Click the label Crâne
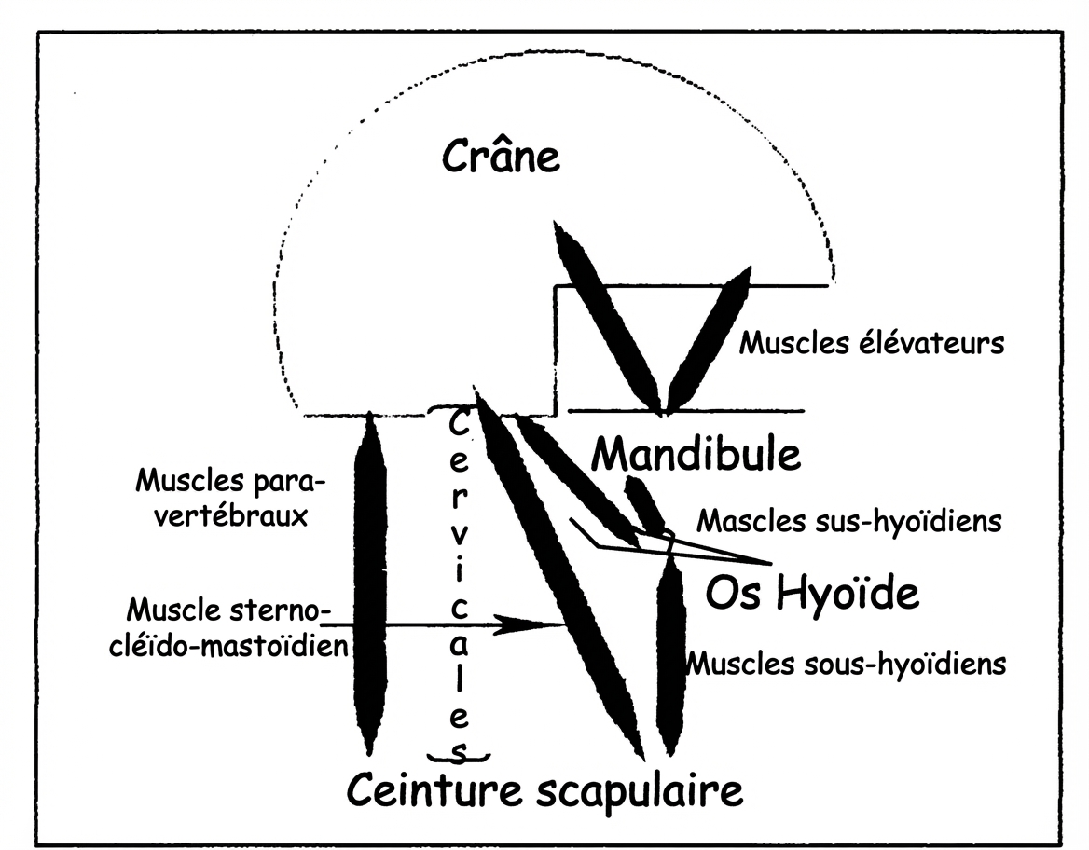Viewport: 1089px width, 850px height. tap(502, 158)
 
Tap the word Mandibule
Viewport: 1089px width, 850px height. tap(696, 454)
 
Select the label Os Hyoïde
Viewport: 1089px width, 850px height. tap(811, 593)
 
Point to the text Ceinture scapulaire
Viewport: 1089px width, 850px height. tap(545, 791)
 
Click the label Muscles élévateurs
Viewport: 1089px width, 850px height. tap(872, 343)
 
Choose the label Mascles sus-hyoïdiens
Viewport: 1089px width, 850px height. tap(849, 521)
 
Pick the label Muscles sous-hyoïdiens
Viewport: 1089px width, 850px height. tap(847, 664)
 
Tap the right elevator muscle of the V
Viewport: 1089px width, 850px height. tap(709, 340)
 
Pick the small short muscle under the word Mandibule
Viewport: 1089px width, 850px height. tap(644, 503)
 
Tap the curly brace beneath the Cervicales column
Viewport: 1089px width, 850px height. tap(458, 753)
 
